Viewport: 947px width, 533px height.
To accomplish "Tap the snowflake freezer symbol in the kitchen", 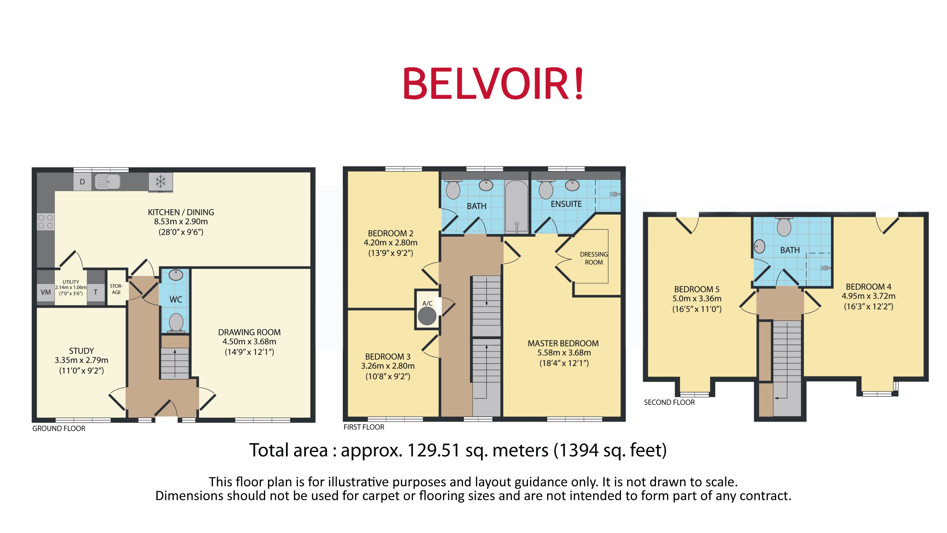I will [160, 182].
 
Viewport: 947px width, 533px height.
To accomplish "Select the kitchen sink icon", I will [107, 181].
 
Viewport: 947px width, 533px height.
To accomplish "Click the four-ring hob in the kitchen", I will [45, 221].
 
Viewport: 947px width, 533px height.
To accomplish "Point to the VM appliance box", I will [45, 292].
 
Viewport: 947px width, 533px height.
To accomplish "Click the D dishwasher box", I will [82, 182].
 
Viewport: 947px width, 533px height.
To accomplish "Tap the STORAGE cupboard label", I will [116, 289].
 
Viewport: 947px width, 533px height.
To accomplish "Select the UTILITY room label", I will [71, 282].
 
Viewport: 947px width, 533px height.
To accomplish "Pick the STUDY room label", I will [81, 351].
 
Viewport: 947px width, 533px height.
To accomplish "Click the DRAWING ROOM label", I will [249, 332].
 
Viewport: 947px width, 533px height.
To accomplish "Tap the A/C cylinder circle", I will [427, 316].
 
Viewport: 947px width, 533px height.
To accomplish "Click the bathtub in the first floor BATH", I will [516, 206].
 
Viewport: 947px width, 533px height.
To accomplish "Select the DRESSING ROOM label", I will [593, 258].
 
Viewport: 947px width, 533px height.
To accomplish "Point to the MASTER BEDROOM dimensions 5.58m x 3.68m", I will [564, 353].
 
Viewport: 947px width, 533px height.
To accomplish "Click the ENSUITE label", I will [566, 204].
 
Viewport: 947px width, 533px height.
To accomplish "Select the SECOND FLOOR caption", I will [669, 403].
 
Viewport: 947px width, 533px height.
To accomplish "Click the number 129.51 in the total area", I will [433, 450].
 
